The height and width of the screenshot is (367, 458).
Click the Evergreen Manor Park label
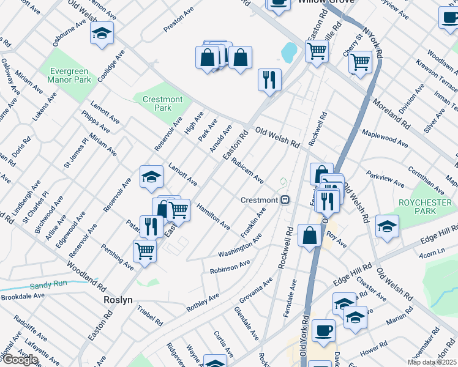click(70, 75)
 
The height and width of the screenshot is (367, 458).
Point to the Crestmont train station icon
click(285, 200)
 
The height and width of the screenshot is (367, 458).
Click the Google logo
click(20, 360)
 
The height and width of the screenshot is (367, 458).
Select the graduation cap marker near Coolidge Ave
click(102, 34)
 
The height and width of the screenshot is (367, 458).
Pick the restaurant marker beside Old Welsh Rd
click(269, 79)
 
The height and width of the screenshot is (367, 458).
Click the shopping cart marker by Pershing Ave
click(145, 250)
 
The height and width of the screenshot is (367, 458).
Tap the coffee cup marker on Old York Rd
click(323, 330)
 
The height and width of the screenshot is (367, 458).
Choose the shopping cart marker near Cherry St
click(360, 61)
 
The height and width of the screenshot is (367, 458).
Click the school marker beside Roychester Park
click(387, 226)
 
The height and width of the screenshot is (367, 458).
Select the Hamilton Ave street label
click(213, 217)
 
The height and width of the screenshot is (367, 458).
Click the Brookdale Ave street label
click(23, 295)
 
